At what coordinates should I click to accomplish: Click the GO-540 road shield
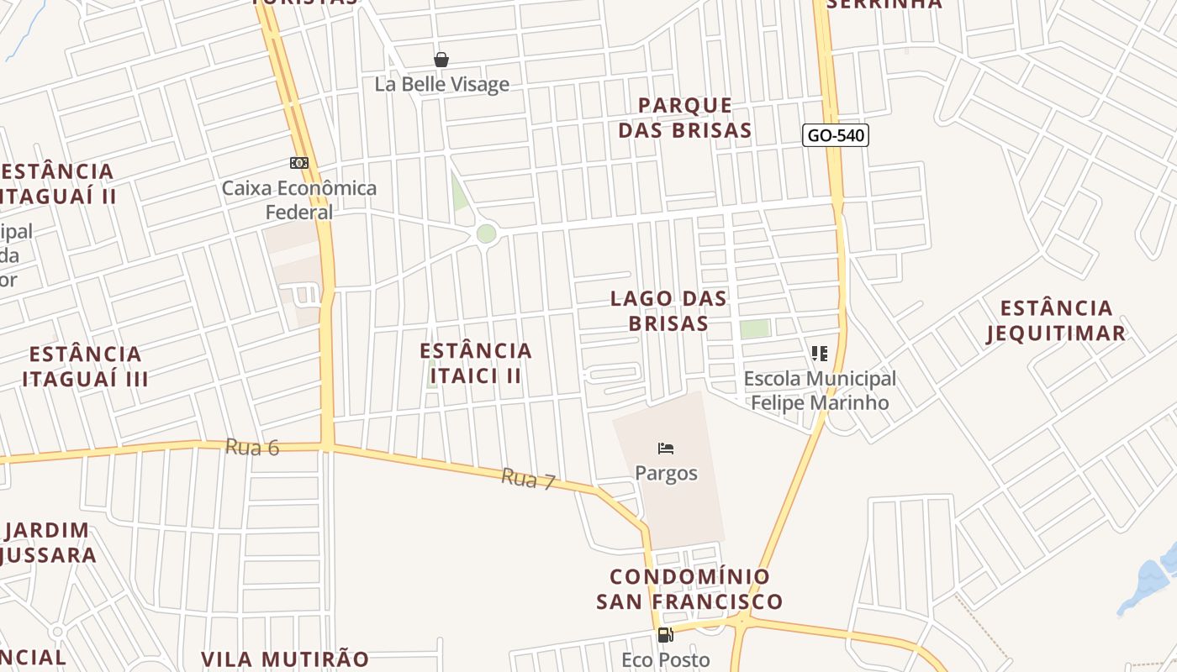click(x=835, y=135)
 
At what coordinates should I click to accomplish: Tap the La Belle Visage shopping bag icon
click(x=441, y=60)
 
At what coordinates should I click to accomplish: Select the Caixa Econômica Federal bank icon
click(x=299, y=163)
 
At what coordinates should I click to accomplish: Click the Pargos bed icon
click(x=666, y=449)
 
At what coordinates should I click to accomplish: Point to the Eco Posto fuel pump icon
click(x=665, y=635)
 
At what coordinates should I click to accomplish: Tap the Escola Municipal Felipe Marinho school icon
click(x=820, y=354)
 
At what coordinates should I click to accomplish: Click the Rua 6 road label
click(x=252, y=448)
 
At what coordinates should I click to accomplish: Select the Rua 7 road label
click(x=529, y=480)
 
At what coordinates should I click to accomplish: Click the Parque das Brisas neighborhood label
click(x=684, y=118)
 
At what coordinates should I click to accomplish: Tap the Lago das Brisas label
click(x=669, y=311)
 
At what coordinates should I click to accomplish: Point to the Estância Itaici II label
click(x=476, y=363)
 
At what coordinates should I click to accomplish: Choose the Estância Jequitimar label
click(x=1056, y=320)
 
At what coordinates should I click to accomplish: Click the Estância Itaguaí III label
click(x=85, y=366)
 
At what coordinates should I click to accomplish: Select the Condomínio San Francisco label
click(x=689, y=589)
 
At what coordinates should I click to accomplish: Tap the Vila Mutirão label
click(x=285, y=659)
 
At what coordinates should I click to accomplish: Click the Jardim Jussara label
click(x=50, y=543)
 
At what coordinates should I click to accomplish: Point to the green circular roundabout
click(x=486, y=234)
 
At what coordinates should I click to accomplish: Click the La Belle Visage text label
click(x=442, y=84)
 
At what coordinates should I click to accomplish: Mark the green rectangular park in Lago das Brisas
click(x=755, y=329)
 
